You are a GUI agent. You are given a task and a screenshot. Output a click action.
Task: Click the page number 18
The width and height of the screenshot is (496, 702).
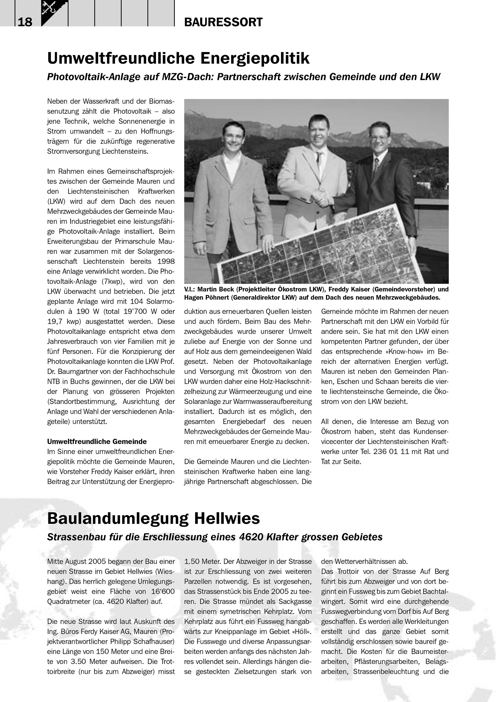click(25, 22)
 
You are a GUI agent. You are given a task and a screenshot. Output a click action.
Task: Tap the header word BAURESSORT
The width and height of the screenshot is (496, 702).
click(223, 22)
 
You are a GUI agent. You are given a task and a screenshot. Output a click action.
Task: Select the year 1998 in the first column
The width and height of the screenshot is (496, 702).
click(166, 261)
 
